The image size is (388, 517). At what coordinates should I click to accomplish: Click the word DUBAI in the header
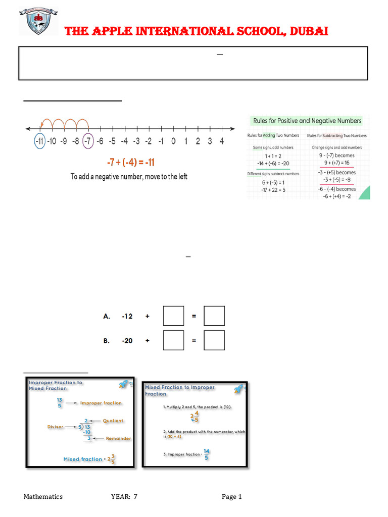(308, 31)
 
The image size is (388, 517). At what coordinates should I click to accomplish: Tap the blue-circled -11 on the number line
(39, 141)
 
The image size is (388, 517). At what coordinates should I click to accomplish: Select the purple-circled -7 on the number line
(88, 141)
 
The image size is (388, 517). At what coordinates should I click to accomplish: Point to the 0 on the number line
(173, 141)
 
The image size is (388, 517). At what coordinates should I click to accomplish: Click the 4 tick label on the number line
(222, 141)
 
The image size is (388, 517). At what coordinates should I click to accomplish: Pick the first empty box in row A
(173, 316)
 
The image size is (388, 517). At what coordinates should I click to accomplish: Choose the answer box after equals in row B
(214, 340)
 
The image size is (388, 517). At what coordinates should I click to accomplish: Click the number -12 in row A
(127, 316)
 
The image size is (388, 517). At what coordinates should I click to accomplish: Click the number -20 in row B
(127, 341)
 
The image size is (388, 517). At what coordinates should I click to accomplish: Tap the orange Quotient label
(113, 421)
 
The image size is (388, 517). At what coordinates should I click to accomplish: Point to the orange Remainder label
(118, 438)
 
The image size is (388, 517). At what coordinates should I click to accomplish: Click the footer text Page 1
(232, 497)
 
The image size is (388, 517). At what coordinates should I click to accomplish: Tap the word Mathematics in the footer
(43, 497)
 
